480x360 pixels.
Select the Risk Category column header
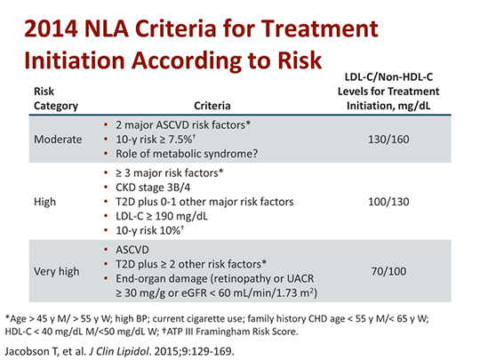[56, 98]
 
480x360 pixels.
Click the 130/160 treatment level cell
[388, 140]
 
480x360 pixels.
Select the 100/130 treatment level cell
[388, 202]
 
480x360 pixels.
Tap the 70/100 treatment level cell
[388, 265]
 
